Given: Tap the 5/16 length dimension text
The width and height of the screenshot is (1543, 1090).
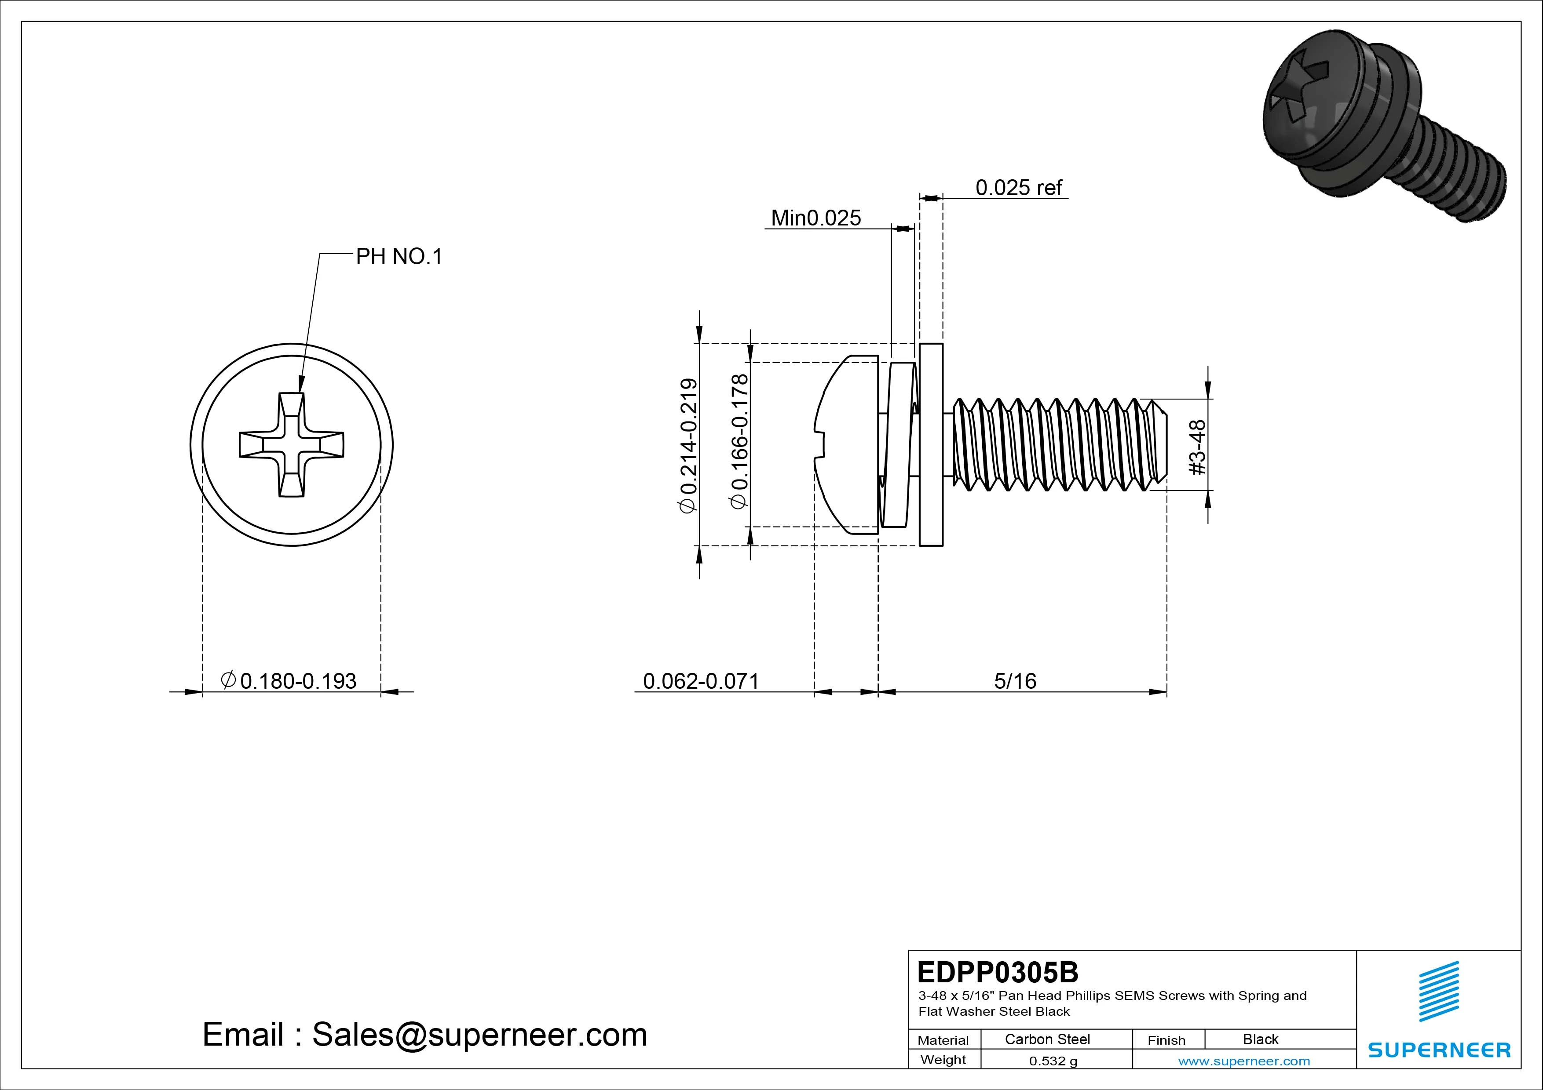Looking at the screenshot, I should click(x=1015, y=681).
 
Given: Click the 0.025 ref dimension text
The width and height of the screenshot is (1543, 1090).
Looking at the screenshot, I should click(x=1018, y=187).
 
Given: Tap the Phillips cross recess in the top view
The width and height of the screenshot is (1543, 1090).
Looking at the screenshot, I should click(x=292, y=445).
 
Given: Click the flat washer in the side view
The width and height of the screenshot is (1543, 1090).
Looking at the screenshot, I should click(x=931, y=445).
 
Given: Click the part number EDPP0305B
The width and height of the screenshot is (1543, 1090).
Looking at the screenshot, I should click(x=997, y=972).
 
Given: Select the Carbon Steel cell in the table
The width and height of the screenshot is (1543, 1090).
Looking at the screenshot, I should click(x=1047, y=1039).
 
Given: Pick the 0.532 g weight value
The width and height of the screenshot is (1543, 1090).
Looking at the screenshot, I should click(x=1053, y=1061).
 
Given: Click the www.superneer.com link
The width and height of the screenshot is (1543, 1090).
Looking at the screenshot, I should click(x=1244, y=1061).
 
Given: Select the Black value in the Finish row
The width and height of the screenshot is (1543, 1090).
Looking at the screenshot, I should click(x=1260, y=1039).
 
